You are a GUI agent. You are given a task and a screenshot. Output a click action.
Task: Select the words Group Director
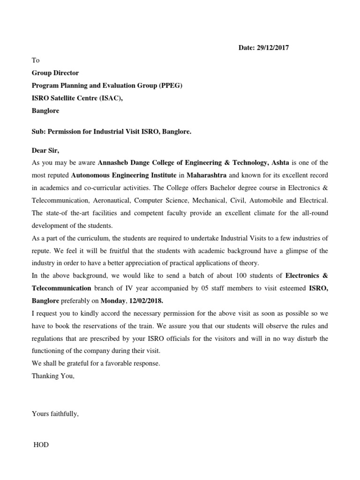(x=55, y=73)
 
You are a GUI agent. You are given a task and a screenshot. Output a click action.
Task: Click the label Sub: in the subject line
(x=38, y=132)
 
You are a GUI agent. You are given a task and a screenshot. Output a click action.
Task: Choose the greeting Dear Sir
(x=46, y=150)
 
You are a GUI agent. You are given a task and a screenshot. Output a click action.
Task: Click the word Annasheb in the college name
(x=113, y=163)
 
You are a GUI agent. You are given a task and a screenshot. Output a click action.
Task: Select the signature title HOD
(x=41, y=445)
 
